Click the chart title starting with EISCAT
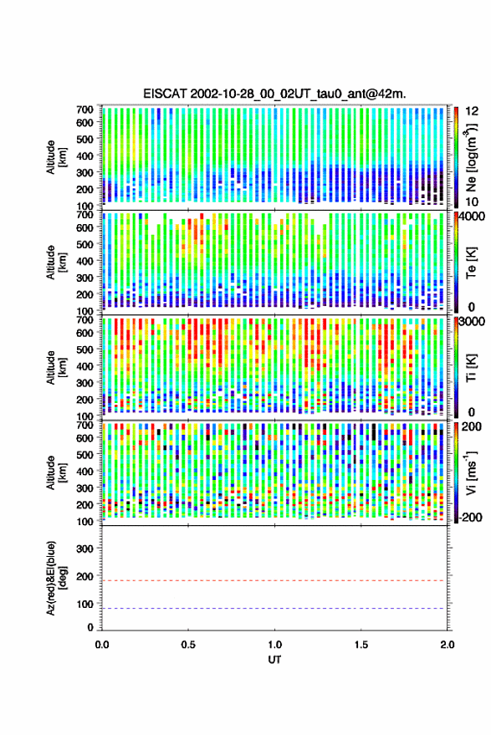tap(274, 94)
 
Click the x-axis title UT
tap(274, 660)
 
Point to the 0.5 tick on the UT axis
tap(188, 645)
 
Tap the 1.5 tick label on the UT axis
tap(361, 645)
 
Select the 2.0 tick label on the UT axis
tap(448, 645)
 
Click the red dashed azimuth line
tap(274, 580)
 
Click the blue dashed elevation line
tap(274, 609)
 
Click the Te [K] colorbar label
tap(471, 263)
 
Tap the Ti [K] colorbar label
tap(471, 368)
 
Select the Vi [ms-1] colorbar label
tap(471, 472)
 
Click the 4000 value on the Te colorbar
tap(472, 217)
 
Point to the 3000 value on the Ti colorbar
tap(472, 322)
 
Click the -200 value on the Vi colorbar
tap(470, 517)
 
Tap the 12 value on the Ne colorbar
tap(472, 111)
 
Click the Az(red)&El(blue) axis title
tap(55, 578)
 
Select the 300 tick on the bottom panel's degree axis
tap(84, 549)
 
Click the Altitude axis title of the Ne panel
tap(55, 157)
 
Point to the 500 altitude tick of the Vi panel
tap(84, 454)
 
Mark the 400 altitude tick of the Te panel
tap(84, 261)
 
